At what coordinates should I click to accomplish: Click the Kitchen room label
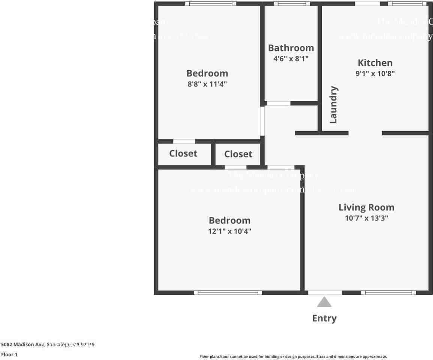click(375, 63)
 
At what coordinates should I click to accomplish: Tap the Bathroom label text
click(291, 48)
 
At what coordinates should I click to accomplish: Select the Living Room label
click(366, 207)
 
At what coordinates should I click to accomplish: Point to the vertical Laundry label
click(333, 105)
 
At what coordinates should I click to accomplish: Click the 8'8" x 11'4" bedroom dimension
click(207, 84)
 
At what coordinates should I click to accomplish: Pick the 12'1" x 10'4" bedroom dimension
click(229, 231)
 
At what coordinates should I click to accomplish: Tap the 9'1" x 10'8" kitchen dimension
click(375, 73)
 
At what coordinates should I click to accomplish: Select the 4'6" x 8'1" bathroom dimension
click(291, 58)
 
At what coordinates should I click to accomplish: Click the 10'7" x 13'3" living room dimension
click(366, 218)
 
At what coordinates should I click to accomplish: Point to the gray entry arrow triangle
click(324, 302)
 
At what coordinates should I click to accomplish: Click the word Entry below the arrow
click(324, 318)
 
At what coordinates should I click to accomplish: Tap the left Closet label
click(183, 153)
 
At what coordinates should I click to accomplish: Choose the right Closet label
click(238, 154)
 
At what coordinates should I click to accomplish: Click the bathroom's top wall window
click(292, 4)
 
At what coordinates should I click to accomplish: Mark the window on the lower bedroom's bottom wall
click(228, 292)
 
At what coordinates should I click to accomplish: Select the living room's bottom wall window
click(388, 292)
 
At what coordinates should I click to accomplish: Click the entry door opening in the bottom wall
click(325, 292)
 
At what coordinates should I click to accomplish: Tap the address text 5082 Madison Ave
click(23, 344)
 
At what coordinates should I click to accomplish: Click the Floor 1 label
click(9, 354)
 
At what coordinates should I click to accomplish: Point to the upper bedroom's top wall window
click(211, 4)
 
